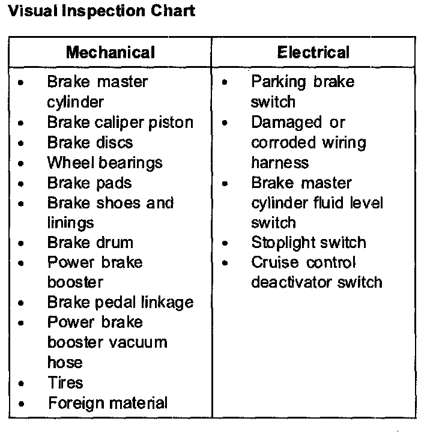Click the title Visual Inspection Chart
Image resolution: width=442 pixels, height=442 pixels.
[100, 12]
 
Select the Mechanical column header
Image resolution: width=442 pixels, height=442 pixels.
[110, 52]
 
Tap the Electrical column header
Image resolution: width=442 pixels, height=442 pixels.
[313, 52]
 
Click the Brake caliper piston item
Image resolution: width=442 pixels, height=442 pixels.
[120, 123]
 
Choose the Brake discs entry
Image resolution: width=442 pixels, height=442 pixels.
[90, 143]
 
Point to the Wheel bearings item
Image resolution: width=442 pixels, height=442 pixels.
[105, 163]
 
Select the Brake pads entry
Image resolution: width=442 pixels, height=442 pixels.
[89, 183]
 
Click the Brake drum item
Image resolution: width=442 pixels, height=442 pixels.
[90, 243]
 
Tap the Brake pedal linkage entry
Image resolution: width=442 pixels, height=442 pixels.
[120, 302]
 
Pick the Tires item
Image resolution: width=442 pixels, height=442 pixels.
[65, 383]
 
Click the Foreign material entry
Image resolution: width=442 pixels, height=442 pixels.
[107, 402]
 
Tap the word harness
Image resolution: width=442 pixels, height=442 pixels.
[280, 163]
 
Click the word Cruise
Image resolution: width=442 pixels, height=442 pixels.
[275, 262]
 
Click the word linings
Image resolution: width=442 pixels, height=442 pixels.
[71, 223]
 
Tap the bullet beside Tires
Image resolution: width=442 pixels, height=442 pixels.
[22, 383]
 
